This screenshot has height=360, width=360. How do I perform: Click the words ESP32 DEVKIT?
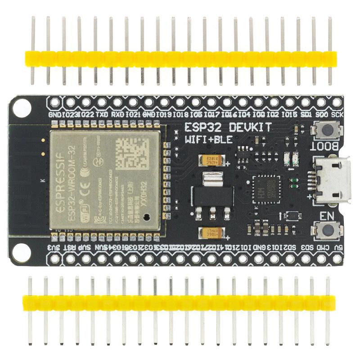coord(229,128)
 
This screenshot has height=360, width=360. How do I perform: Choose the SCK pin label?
coord(337,115)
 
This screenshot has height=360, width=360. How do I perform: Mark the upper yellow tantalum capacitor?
coord(211,160)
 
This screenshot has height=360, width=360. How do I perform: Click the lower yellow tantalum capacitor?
coord(211,233)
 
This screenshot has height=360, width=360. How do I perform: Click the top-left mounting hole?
coord(21,107)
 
